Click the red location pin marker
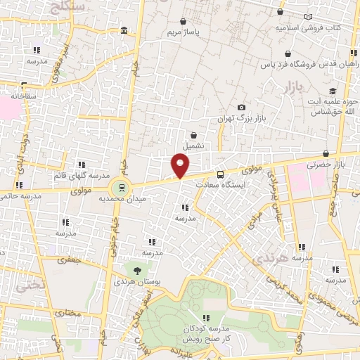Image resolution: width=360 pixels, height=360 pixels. click(181, 165)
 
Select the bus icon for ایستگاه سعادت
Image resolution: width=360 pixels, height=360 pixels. click(221, 174)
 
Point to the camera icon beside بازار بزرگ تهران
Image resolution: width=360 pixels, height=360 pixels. click(242, 107)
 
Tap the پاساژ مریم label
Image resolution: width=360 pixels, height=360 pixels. click(184, 33)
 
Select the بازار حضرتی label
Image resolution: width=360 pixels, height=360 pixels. click(328, 164)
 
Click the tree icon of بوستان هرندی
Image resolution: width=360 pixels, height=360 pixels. click(136, 269)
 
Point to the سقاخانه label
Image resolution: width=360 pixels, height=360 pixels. click(24, 94)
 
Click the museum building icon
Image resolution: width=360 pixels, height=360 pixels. click(124, 30)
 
